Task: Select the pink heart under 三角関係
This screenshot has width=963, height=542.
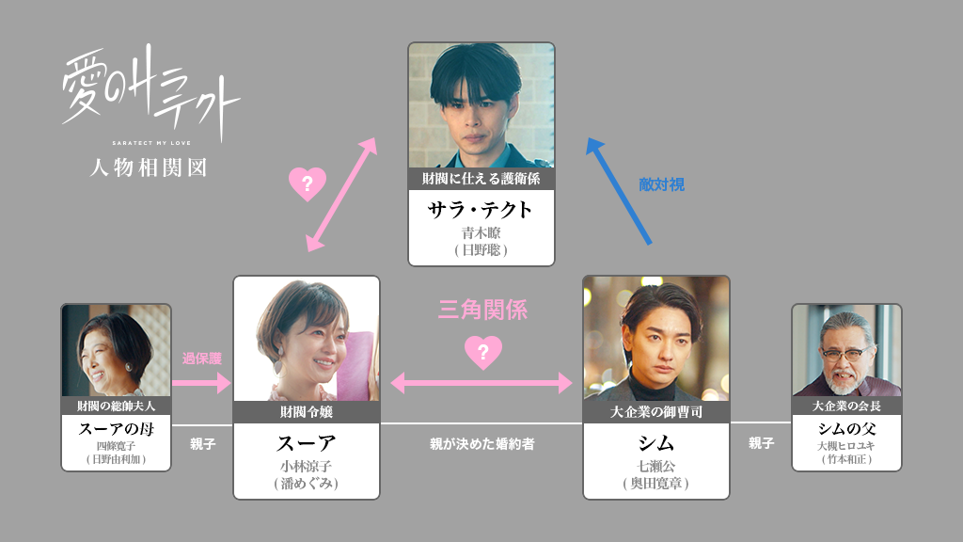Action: [483, 352]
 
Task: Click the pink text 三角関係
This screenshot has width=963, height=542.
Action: [482, 310]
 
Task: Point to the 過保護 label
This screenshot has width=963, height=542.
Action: [202, 358]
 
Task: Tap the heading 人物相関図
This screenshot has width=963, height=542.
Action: [147, 167]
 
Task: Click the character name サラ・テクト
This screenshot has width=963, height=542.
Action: [481, 209]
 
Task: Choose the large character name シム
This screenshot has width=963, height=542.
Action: [655, 442]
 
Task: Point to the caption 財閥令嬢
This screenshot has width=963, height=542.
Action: [307, 411]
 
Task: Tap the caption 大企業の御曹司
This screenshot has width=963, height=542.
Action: [656, 411]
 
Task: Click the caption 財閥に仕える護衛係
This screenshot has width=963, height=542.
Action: [481, 178]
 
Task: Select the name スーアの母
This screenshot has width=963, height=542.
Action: [116, 429]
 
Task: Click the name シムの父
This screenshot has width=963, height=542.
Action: [846, 429]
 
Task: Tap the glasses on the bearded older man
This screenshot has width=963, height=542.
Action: [842, 354]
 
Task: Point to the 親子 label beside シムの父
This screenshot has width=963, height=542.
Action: [761, 443]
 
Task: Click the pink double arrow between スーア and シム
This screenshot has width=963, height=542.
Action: [481, 382]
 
